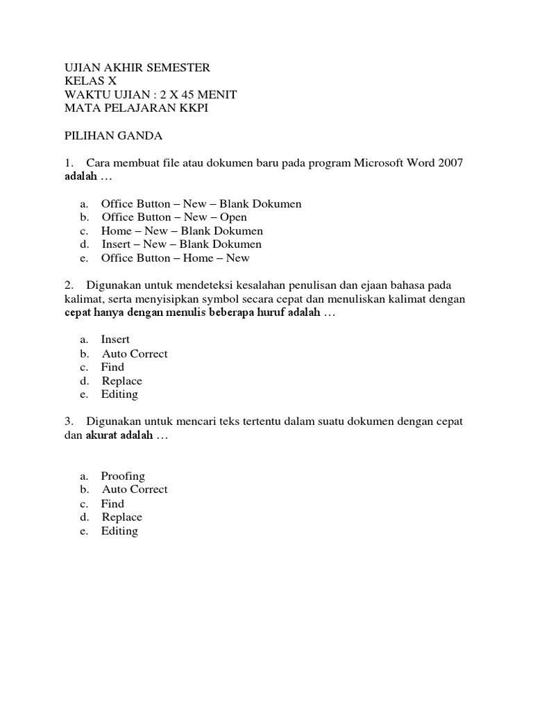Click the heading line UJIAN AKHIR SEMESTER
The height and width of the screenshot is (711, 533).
pyautogui.click(x=137, y=67)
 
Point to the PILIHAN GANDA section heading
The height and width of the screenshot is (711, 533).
pyautogui.click(x=113, y=135)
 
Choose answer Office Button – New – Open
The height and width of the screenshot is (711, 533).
pyautogui.click(x=174, y=217)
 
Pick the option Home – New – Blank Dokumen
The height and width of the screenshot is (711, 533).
pyautogui.click(x=182, y=231)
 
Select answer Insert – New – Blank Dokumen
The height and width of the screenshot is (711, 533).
pyautogui.click(x=181, y=244)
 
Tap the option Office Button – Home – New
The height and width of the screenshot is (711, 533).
pyautogui.click(x=175, y=258)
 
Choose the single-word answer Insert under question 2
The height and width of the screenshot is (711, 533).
pyautogui.click(x=115, y=340)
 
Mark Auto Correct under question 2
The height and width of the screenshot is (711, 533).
pyautogui.click(x=135, y=353)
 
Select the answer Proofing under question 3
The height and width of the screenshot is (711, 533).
pyautogui.click(x=123, y=476)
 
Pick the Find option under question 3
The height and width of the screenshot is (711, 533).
pyautogui.click(x=112, y=503)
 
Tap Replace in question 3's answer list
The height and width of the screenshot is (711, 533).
pyautogui.click(x=121, y=517)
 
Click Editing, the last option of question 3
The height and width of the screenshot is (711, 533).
pyautogui.click(x=119, y=531)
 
